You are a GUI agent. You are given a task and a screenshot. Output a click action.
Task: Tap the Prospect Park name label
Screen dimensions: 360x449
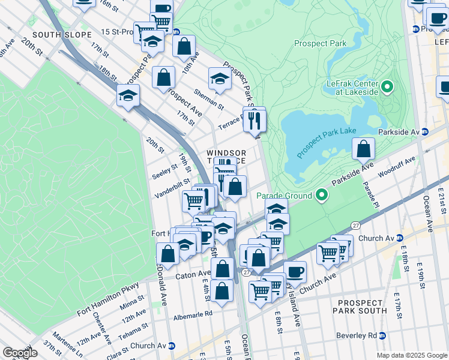tap(320, 43)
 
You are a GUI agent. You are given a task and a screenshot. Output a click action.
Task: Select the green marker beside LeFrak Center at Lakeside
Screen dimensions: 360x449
tap(387, 88)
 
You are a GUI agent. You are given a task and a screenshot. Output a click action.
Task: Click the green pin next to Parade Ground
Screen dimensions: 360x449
tap(321, 195)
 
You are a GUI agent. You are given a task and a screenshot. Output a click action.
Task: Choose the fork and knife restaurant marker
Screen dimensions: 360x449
tap(255, 121)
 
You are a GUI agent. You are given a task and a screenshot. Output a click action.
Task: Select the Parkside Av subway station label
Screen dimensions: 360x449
tap(399, 131)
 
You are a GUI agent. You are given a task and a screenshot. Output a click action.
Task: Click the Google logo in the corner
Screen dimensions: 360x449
tap(19, 353)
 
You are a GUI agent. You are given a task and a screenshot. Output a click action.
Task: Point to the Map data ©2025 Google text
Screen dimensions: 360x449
tap(412, 355)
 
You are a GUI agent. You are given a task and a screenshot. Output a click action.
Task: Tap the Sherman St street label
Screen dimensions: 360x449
tap(209, 99)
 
